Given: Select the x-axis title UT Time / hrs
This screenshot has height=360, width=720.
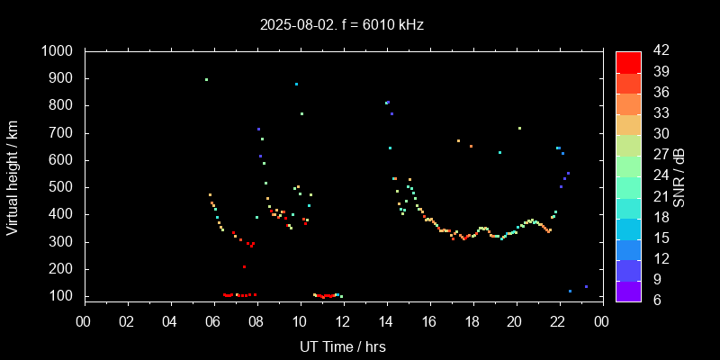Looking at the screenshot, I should [x=342, y=346].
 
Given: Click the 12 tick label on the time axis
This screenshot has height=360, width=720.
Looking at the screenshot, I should [x=343, y=321].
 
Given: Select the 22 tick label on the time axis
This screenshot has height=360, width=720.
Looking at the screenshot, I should [x=558, y=321].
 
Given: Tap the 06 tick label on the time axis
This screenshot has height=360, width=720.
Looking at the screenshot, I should [x=213, y=321].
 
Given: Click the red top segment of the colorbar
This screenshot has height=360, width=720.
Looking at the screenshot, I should [x=628, y=61].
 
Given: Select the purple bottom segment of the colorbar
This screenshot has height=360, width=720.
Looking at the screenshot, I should [x=628, y=291].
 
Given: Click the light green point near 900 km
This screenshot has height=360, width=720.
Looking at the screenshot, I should [x=206, y=79].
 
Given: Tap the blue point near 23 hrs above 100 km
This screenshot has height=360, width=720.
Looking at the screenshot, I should [x=586, y=286].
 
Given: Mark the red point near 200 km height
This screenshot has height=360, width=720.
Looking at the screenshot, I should [x=244, y=266].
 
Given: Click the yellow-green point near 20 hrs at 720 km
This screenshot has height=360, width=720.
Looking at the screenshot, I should [x=519, y=128].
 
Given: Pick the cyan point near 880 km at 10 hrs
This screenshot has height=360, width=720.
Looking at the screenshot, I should [x=296, y=84].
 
